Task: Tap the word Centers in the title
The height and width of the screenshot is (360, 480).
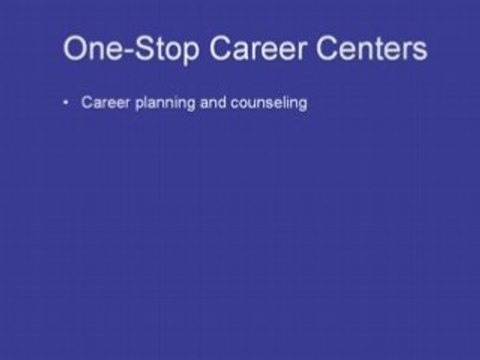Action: tap(372, 48)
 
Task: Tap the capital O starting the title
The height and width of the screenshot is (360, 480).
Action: tap(76, 48)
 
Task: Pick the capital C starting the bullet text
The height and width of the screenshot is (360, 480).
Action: tap(87, 103)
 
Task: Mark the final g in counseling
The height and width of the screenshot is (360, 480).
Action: tap(300, 105)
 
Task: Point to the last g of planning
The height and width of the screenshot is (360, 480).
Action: tap(192, 105)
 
